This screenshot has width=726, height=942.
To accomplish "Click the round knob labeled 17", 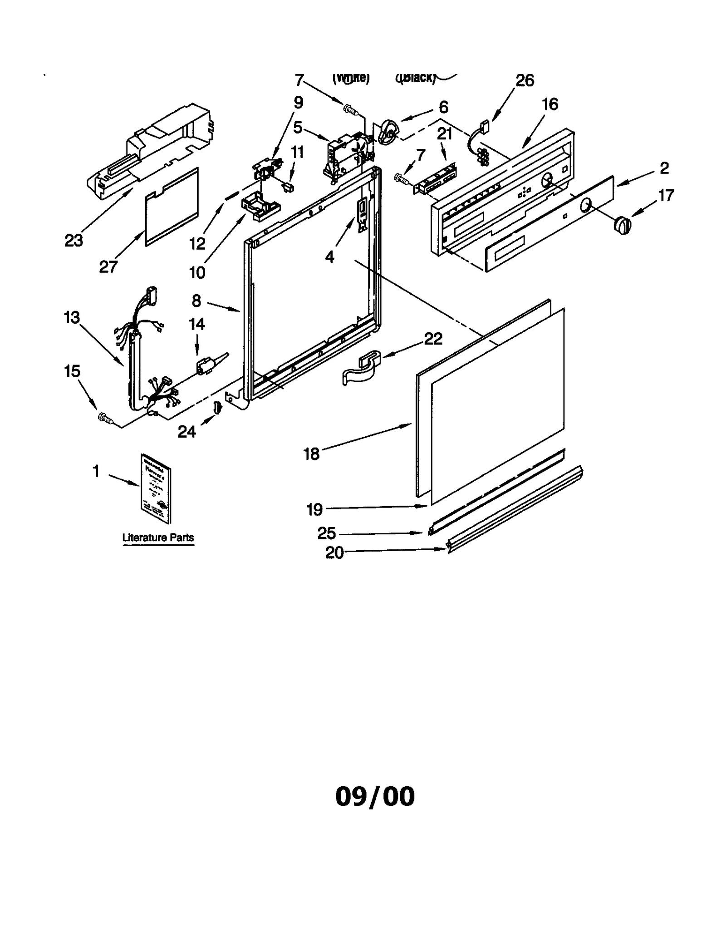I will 622,225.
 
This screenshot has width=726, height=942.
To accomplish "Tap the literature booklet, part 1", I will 156,488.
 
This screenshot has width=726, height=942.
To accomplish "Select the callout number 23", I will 74,241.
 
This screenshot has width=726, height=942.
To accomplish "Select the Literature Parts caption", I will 158,538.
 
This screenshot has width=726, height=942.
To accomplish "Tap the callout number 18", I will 312,454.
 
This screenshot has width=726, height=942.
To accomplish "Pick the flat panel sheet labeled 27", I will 172,207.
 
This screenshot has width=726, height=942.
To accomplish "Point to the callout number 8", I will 196,301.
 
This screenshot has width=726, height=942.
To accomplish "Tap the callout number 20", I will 334,552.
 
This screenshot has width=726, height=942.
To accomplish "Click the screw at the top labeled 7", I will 350,109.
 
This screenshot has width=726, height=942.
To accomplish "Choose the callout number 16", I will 550,104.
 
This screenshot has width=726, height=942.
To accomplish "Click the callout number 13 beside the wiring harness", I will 72,317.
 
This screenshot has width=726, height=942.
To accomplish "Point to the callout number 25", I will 327,533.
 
